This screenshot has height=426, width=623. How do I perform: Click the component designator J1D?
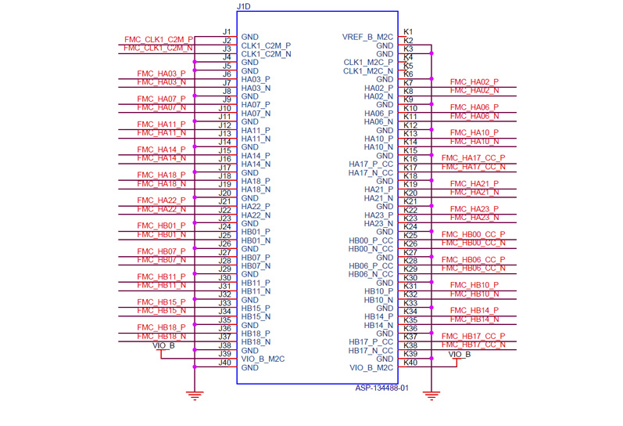click(x=243, y=6)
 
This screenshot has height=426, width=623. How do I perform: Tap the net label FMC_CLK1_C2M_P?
click(x=159, y=39)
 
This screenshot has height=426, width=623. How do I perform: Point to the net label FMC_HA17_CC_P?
click(x=474, y=158)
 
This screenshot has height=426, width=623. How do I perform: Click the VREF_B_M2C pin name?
click(x=367, y=37)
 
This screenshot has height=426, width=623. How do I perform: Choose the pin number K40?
click(x=410, y=363)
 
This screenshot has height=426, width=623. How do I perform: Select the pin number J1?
click(x=226, y=32)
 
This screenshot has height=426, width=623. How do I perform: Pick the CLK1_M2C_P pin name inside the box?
click(x=368, y=63)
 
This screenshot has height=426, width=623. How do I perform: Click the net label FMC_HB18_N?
click(x=161, y=336)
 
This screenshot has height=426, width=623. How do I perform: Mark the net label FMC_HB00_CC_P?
click(x=474, y=235)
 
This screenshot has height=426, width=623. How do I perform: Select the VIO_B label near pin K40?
click(x=460, y=354)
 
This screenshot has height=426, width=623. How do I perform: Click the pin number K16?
click(x=410, y=159)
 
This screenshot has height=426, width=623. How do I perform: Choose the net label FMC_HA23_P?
click(x=474, y=209)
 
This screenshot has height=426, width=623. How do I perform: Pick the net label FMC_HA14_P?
click(x=161, y=150)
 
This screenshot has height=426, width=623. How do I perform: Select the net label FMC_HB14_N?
click(x=474, y=319)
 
